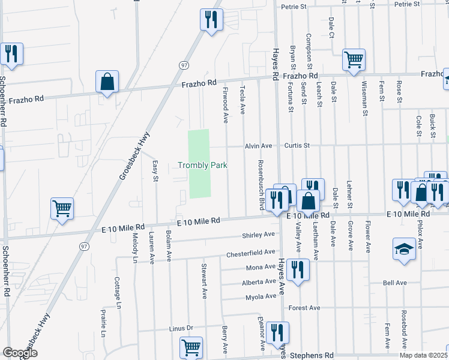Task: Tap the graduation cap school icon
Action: [x=404, y=248]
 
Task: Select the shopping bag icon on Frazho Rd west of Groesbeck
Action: [x=107, y=82]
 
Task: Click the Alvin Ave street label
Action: [x=258, y=146]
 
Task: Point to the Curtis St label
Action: [x=297, y=145]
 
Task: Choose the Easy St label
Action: [x=155, y=170]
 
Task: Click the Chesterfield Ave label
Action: [x=250, y=254]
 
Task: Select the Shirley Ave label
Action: [x=258, y=235]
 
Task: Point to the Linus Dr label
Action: [x=181, y=328]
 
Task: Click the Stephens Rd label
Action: [x=312, y=355]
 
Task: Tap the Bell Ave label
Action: [x=395, y=283]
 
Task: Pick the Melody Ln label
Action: [x=135, y=246]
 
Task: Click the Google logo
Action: [x=20, y=353]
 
